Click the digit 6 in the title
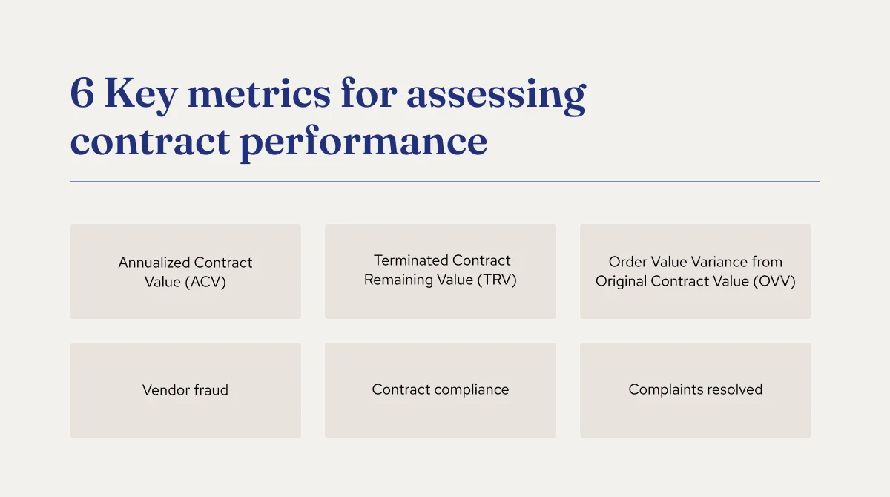point(82,94)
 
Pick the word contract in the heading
point(148,141)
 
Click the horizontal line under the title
point(445,182)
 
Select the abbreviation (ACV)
point(206,282)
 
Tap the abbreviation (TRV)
point(497,280)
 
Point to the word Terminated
point(409,260)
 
